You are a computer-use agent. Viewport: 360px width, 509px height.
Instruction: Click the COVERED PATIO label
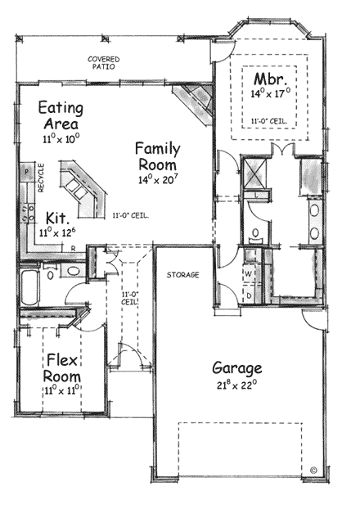tap(105, 64)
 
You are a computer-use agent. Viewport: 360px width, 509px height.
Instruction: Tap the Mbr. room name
tap(268, 79)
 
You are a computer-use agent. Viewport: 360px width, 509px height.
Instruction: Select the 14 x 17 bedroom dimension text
tap(270, 94)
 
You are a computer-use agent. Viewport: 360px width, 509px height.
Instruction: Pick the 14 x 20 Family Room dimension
tap(157, 178)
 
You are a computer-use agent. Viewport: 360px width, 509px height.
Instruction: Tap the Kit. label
tap(56, 218)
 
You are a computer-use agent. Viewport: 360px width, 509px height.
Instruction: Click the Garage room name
tap(237, 367)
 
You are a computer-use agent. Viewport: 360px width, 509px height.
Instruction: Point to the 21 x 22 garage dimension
tap(237, 384)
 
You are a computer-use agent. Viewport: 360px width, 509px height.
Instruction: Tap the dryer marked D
tap(248, 294)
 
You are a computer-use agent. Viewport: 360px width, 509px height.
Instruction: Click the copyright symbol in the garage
tap(313, 471)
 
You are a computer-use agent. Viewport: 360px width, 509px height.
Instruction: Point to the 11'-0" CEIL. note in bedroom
tap(270, 120)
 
